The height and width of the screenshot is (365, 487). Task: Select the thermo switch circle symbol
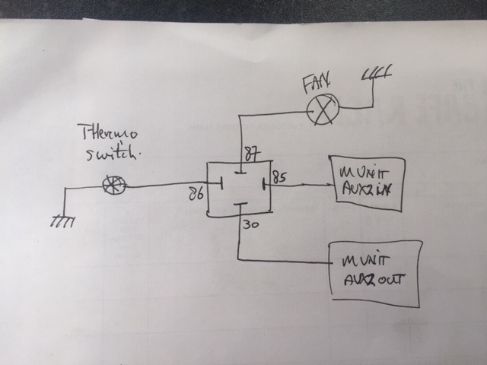114,184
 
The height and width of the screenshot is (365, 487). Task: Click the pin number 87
251,154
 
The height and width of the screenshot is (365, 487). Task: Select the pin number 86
195,195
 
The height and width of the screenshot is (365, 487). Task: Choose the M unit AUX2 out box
374,274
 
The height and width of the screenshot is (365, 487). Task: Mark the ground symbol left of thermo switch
61,221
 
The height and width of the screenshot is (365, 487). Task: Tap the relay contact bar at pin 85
264,184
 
